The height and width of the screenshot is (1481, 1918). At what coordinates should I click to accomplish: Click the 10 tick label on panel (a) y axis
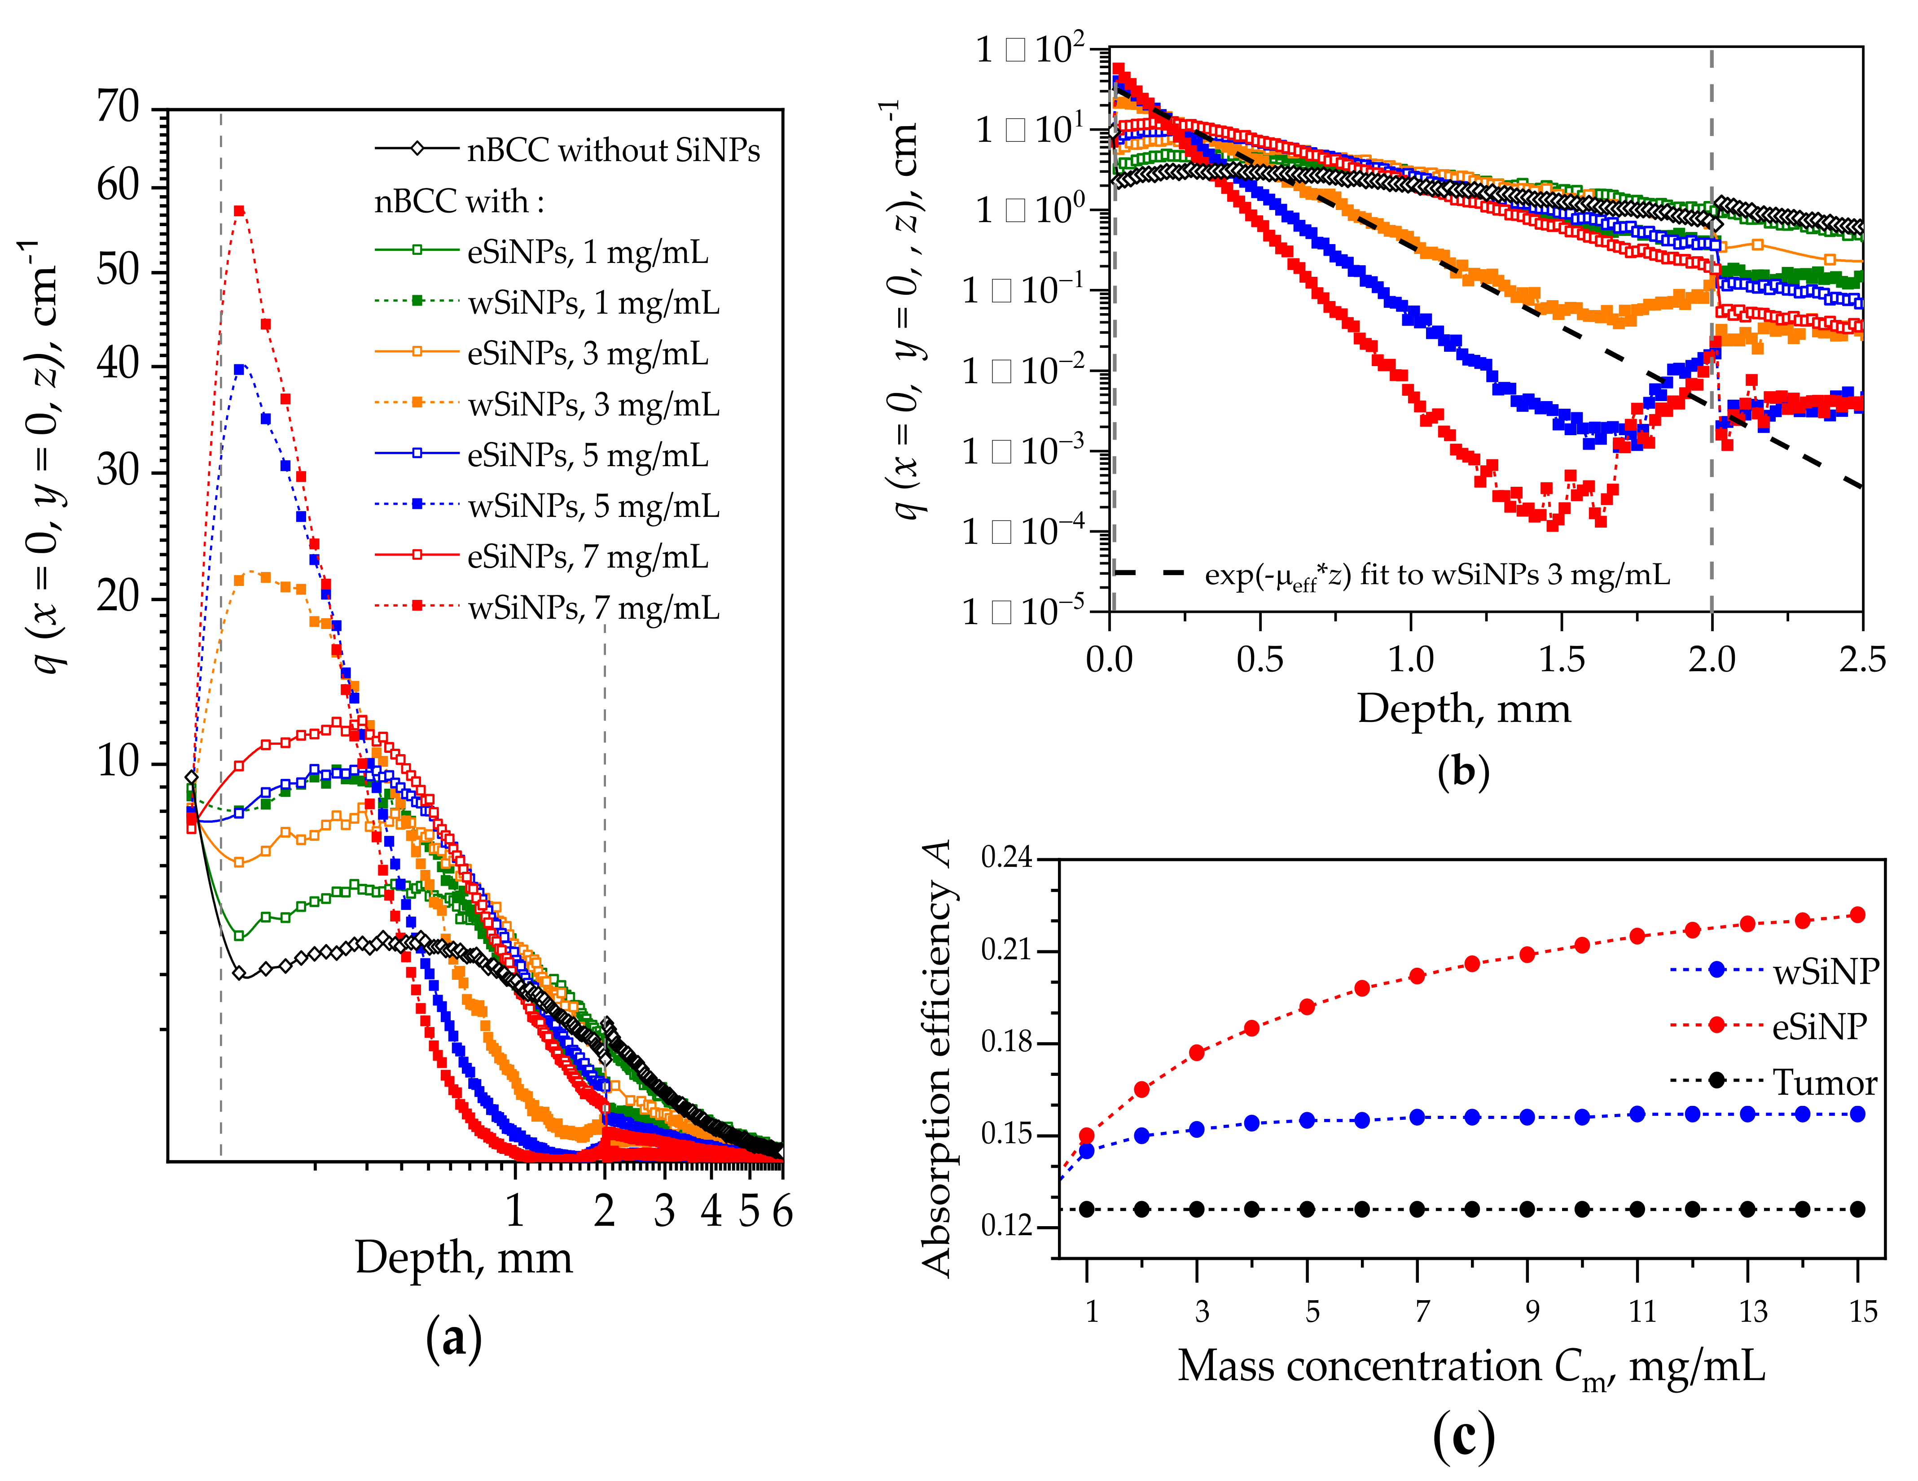[118, 761]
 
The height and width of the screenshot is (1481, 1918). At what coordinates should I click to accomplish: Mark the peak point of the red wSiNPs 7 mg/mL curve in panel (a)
[238, 210]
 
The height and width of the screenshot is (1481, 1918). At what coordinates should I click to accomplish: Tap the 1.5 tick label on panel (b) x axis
[1562, 660]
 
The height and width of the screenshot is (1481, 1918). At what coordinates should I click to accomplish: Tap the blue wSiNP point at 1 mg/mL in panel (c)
[1086, 1151]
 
